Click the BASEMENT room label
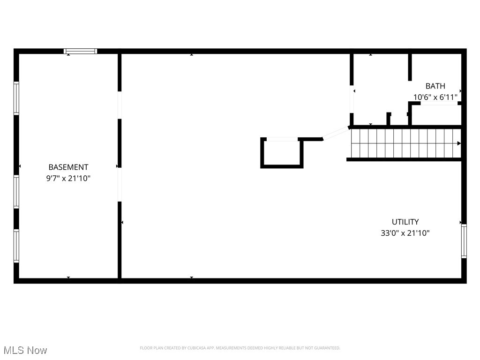68,167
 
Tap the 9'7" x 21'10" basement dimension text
68,178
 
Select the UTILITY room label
405,222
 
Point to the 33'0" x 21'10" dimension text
405,232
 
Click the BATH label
435,86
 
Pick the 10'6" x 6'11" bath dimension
435,97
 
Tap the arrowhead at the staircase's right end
459,143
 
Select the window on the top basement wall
81,51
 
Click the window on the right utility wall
464,241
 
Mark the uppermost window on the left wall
16,98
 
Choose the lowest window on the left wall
16,246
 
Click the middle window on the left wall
16,191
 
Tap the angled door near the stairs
336,133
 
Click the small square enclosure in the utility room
282,153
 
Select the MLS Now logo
25,350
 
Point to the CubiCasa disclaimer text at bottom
240,348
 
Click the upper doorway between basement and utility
120,105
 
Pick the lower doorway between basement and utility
120,185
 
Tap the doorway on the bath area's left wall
351,99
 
